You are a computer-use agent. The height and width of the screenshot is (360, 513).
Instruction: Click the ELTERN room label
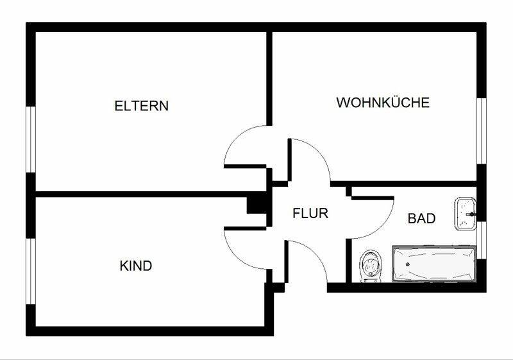coord(141,106)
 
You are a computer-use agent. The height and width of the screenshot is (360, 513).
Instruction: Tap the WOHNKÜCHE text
coord(383,103)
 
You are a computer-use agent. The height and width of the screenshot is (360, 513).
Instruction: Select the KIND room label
coord(136,266)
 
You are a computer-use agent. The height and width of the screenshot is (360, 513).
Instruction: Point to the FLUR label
coord(310,214)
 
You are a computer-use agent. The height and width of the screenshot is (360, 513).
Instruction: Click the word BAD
coord(421,218)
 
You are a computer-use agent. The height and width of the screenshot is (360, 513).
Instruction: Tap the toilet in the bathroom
coord(371,266)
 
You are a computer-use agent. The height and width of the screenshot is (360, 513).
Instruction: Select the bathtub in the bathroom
coord(434,264)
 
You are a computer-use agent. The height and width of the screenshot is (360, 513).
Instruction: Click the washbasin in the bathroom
coord(465,214)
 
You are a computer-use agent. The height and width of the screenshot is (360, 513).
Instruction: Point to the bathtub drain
coord(407,264)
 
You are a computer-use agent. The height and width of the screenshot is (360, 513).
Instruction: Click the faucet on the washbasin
coord(472,214)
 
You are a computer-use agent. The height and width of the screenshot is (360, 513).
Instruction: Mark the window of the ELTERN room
coord(30,139)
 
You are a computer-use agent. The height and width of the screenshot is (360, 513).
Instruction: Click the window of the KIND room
coord(30,271)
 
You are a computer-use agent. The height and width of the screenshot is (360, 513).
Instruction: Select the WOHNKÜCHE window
coord(482,131)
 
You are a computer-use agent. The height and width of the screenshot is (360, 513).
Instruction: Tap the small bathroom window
coord(482,240)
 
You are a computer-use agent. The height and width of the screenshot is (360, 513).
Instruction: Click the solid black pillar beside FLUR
coord(256,205)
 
